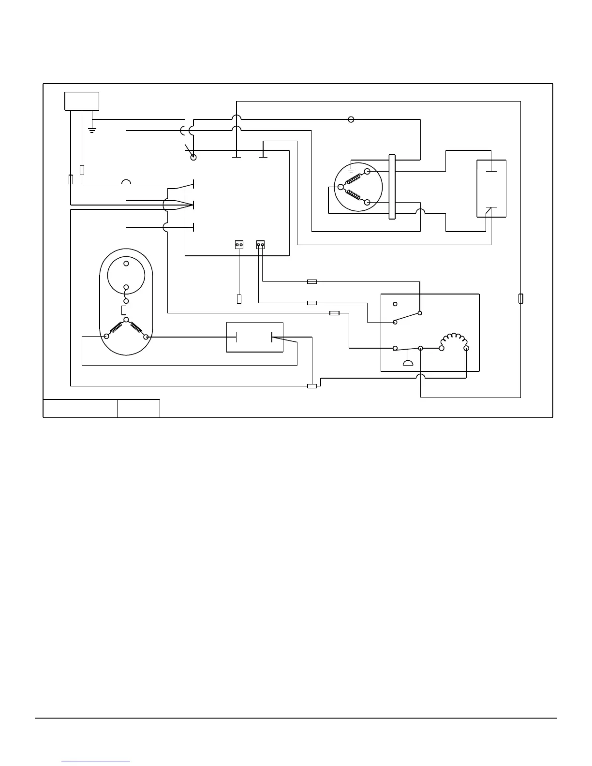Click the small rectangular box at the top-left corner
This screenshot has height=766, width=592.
click(x=82, y=101)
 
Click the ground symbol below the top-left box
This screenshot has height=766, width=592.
click(x=92, y=130)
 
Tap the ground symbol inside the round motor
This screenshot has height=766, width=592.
click(x=351, y=171)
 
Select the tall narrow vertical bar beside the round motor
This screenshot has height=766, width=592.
click(x=392, y=187)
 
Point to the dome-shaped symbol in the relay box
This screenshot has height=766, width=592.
click(x=408, y=364)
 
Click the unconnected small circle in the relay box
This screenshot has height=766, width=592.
click(x=395, y=304)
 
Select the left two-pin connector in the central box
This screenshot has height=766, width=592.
click(x=239, y=245)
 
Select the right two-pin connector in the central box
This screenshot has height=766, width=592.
click(x=261, y=245)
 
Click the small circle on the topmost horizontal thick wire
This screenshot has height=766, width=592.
click(x=351, y=119)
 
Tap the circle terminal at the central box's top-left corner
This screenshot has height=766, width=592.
click(x=193, y=157)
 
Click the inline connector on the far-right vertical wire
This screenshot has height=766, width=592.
click(x=520, y=298)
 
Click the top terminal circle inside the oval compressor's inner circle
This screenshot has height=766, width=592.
click(x=126, y=264)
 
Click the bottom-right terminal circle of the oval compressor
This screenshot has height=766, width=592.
click(x=146, y=337)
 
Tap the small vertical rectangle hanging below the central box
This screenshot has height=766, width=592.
click(x=239, y=299)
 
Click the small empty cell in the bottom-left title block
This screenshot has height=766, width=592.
click(x=138, y=408)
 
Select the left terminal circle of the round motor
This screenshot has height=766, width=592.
click(x=340, y=187)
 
